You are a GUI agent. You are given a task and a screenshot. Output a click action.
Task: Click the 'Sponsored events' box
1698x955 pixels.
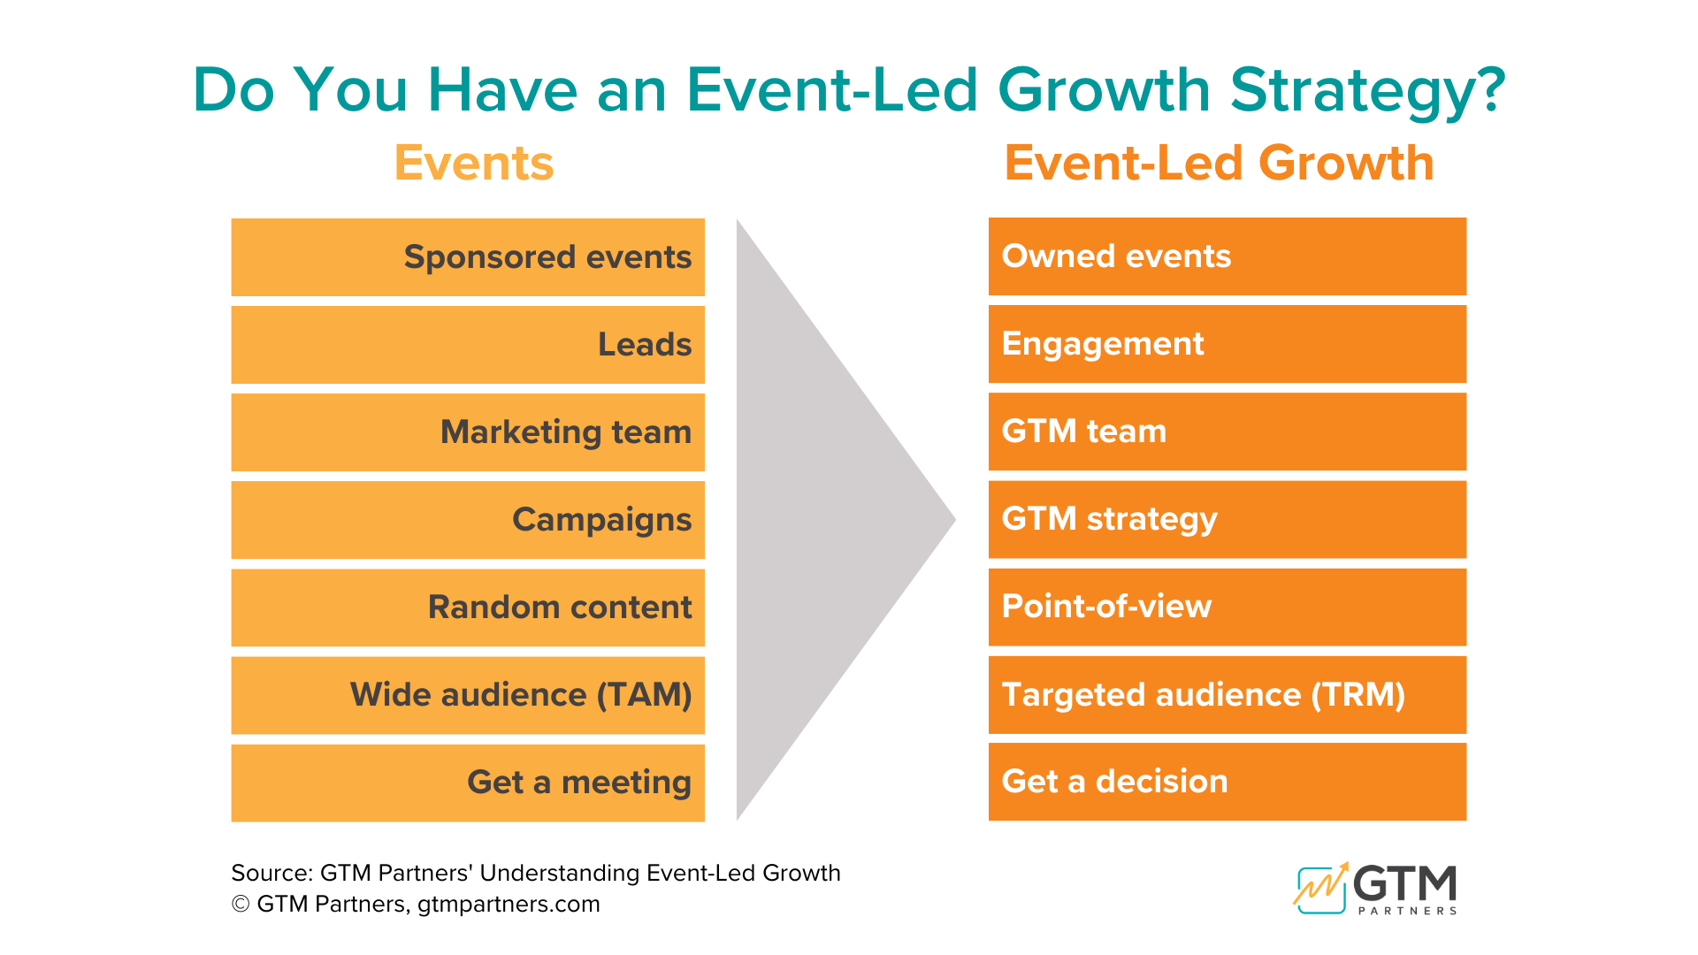click(468, 256)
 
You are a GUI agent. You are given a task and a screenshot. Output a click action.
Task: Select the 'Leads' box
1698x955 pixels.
click(468, 344)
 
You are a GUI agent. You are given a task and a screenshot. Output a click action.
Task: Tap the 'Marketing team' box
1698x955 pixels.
click(468, 432)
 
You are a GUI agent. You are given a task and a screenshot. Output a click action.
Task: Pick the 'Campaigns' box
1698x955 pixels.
click(468, 519)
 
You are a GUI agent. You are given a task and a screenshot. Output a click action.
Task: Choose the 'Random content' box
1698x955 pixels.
click(468, 607)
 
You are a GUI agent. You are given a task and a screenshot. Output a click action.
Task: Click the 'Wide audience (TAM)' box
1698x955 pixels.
click(468, 694)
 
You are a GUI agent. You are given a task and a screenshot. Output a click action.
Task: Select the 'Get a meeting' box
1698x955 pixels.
click(468, 782)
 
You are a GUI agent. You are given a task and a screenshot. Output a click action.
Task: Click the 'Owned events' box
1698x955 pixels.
click(1227, 256)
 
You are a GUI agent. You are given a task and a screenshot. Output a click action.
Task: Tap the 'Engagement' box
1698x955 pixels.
click(1227, 343)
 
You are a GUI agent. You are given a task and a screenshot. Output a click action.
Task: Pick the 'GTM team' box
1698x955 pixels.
click(1227, 431)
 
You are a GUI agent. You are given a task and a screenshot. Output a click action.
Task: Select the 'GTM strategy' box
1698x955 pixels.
click(1227, 518)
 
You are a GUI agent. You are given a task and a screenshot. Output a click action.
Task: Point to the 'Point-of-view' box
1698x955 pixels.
click(1227, 606)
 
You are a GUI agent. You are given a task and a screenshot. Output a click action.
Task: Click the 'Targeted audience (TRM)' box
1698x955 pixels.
click(1227, 694)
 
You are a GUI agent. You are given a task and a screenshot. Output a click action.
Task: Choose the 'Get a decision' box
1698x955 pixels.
click(1227, 781)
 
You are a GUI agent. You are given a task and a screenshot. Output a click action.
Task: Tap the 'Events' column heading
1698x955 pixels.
click(474, 164)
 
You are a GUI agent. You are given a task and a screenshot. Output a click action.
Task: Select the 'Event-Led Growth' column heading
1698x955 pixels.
click(1219, 164)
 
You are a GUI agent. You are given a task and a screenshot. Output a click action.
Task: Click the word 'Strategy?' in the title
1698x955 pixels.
click(1367, 91)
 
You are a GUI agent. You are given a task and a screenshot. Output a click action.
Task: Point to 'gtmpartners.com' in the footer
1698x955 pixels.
click(509, 905)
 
